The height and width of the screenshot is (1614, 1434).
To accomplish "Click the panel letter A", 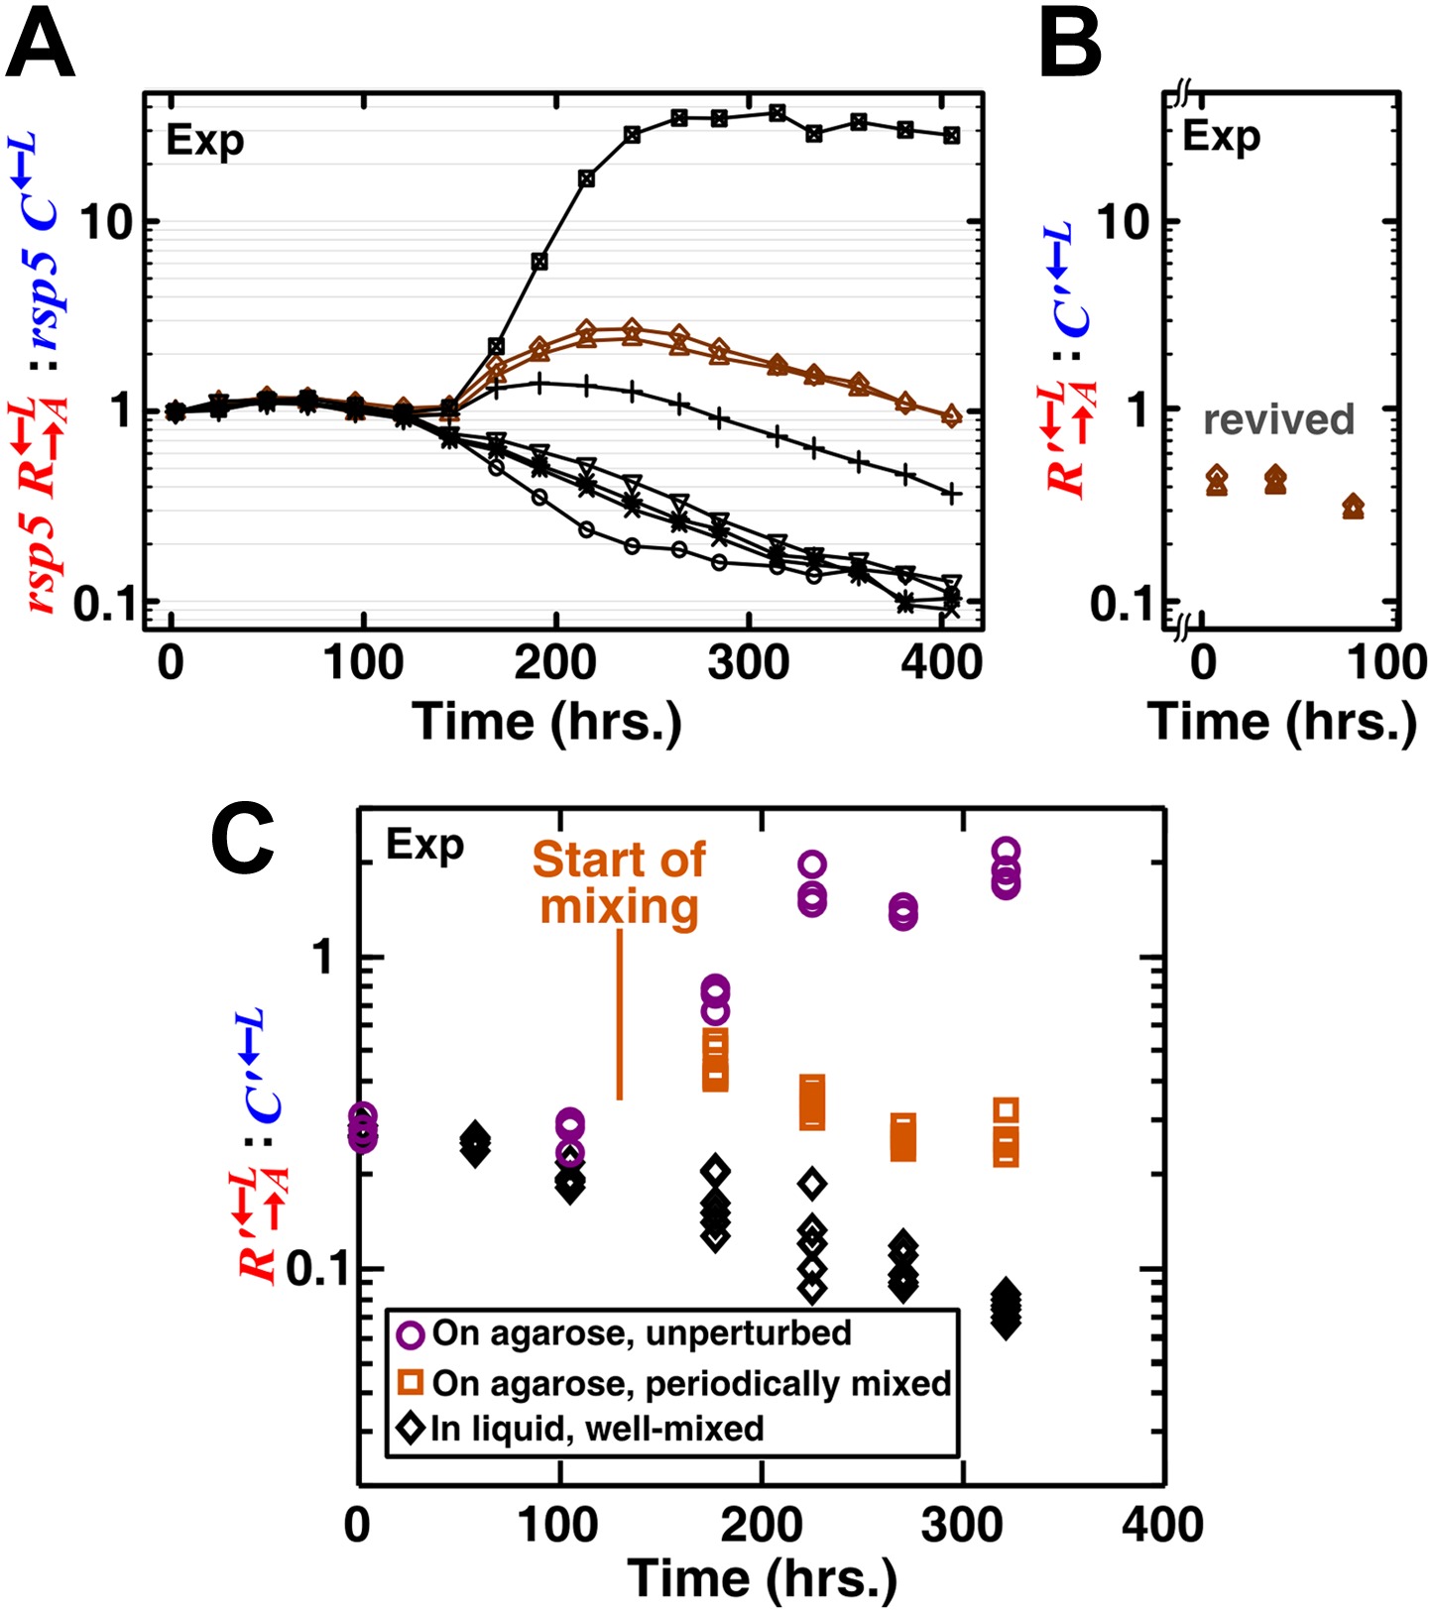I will [40, 47].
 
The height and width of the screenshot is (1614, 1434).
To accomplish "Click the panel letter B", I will [1070, 47].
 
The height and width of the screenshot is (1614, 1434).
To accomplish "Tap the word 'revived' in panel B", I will [1278, 419].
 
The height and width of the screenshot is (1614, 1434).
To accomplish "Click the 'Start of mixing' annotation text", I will [619, 883].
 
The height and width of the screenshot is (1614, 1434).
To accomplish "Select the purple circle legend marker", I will [411, 1334].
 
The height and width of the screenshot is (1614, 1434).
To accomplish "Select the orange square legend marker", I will [411, 1382].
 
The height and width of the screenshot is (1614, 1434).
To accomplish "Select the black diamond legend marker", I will [411, 1429].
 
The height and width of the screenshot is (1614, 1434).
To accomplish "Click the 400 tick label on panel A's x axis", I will [941, 662].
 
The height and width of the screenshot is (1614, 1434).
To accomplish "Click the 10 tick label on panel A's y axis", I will [106, 223].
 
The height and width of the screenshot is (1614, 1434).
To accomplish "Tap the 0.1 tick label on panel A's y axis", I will [104, 603].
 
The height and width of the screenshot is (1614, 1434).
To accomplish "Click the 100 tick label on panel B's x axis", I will [1385, 662].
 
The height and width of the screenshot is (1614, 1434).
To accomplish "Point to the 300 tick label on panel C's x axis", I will [961, 1525].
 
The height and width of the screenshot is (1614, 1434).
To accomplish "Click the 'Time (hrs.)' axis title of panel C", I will [762, 1578].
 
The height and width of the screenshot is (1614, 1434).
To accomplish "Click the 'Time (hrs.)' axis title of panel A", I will [547, 721].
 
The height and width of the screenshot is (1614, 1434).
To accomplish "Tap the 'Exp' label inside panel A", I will [204, 141].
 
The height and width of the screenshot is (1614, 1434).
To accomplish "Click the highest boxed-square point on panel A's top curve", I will [777, 112].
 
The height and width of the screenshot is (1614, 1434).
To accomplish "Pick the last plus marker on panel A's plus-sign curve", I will [951, 493].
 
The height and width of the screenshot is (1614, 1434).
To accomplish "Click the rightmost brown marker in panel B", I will [1353, 508].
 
